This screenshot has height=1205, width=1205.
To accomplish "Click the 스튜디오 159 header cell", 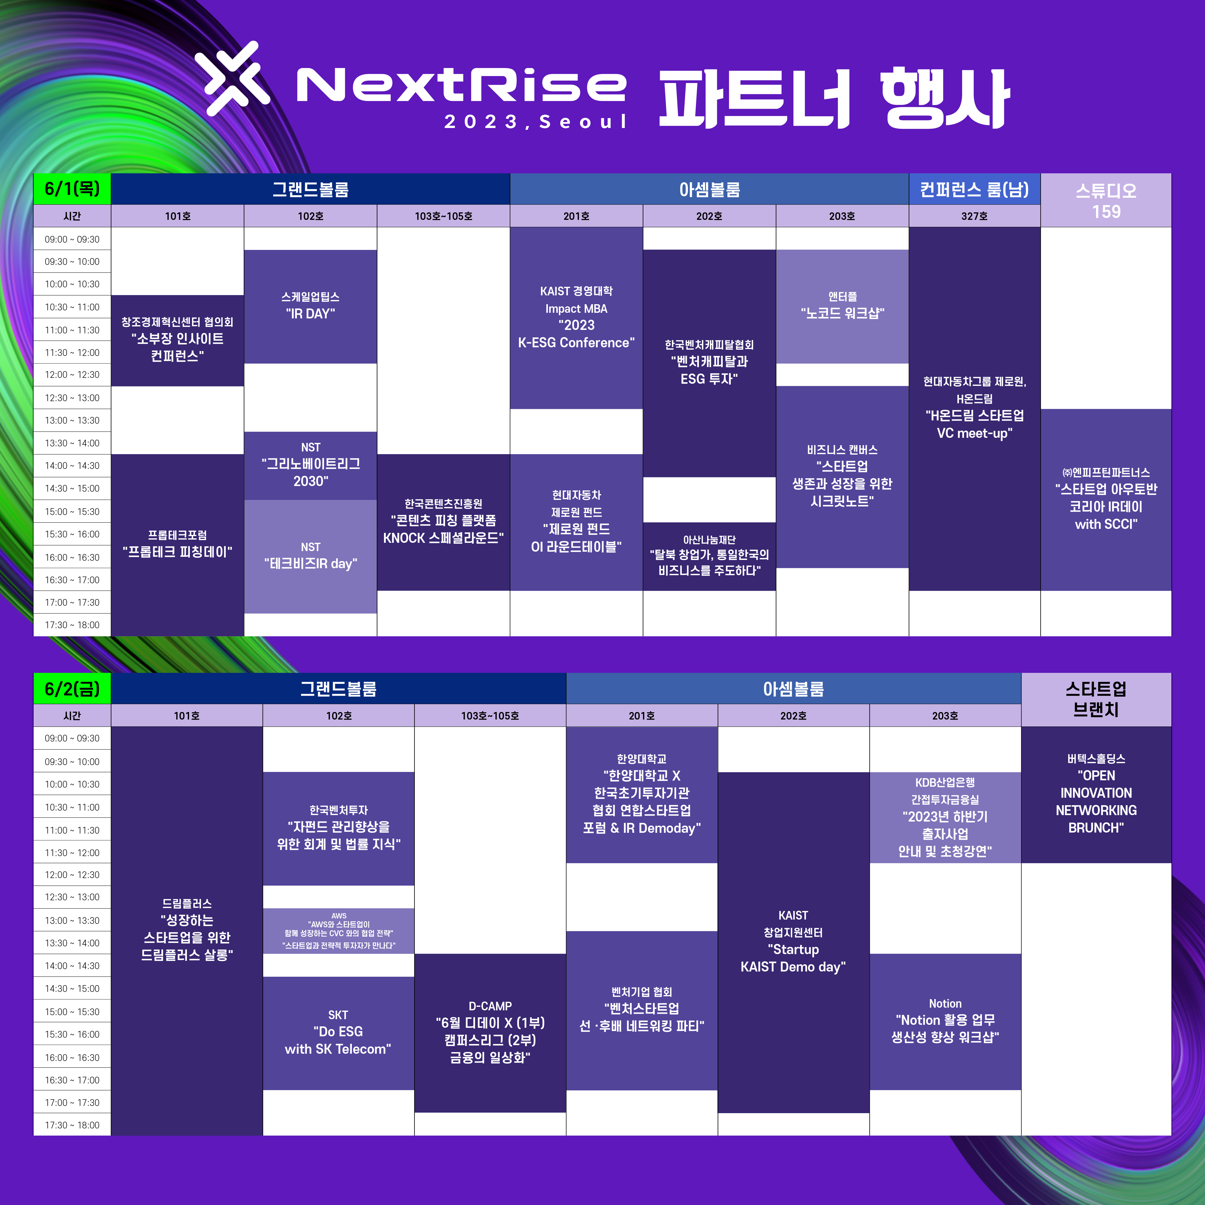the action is (x=1106, y=200).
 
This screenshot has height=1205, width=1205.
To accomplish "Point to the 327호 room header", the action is (x=974, y=216).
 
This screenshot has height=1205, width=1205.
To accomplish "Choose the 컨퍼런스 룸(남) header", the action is (x=974, y=189).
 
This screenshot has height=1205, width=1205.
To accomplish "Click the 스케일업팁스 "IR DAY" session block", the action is (x=311, y=306).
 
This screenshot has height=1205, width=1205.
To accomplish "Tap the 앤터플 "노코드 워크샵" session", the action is (x=842, y=306).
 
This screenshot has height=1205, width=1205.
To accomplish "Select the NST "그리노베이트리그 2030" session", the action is (x=311, y=465).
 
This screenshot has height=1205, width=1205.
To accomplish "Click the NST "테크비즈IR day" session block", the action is (x=311, y=556).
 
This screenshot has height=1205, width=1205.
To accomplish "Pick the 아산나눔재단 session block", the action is (x=709, y=556).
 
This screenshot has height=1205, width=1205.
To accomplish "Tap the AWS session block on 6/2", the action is (x=339, y=931).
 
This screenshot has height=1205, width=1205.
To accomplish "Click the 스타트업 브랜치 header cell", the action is (x=1096, y=699).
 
